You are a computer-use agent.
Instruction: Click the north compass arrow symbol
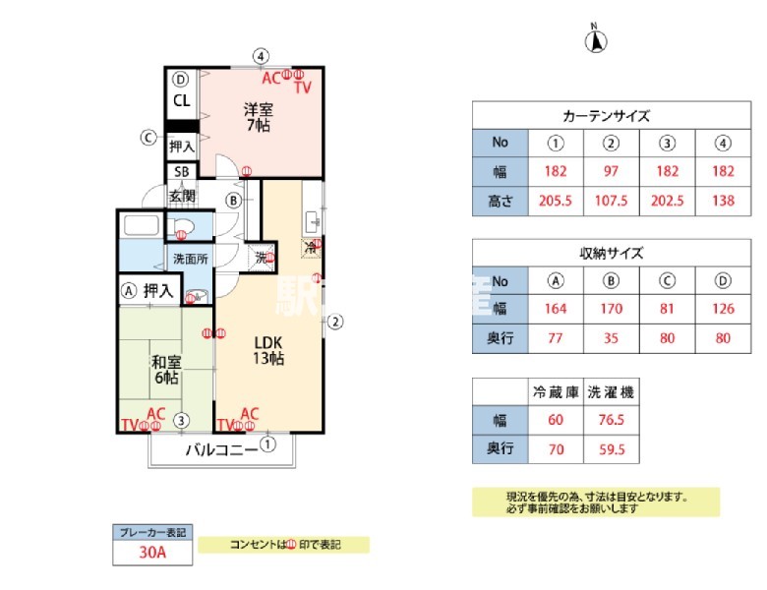tap(596, 41)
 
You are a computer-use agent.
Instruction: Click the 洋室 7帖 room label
tap(258, 117)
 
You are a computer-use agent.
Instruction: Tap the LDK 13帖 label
tap(268, 350)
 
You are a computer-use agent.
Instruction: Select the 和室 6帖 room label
tap(164, 370)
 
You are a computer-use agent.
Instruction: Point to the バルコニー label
tap(222, 450)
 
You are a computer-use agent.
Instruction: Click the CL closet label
tap(182, 100)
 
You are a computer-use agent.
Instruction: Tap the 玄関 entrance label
tap(182, 196)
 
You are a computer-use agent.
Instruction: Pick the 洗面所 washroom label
tap(191, 260)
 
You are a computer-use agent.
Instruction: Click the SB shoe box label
tap(182, 172)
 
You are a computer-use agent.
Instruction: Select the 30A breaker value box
tap(152, 554)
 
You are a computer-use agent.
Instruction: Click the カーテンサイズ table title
tap(606, 115)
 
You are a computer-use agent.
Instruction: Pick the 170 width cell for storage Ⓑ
tap(611, 308)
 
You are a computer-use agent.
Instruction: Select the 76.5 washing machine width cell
tap(611, 421)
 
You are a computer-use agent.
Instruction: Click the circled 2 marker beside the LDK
tap(334, 321)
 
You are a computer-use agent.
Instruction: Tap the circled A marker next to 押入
tap(128, 291)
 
